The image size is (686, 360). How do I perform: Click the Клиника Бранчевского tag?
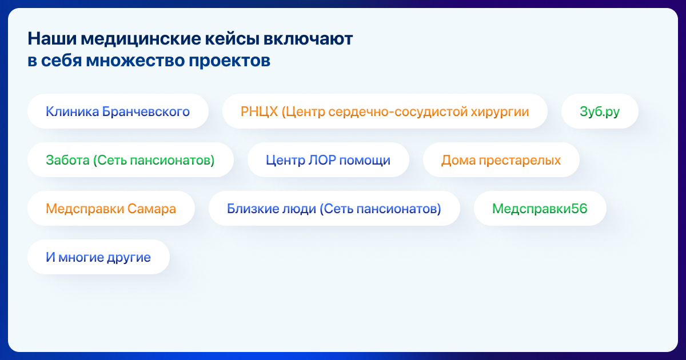[x=118, y=111]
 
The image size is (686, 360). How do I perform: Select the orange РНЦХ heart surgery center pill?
[x=385, y=111]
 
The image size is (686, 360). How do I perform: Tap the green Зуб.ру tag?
[x=600, y=111]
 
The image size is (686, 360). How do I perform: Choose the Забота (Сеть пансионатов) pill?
[x=130, y=160]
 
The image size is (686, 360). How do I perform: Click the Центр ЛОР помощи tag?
[x=328, y=160]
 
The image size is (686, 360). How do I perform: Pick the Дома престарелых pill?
[x=501, y=160]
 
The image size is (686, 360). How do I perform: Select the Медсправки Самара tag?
[x=111, y=209]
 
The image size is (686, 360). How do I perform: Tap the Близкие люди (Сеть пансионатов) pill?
[x=334, y=209]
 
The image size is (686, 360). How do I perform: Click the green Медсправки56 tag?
[x=540, y=209]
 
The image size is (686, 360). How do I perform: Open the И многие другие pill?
[x=98, y=257]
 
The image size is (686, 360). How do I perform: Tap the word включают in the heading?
[x=308, y=39]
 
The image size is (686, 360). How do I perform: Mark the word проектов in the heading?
[x=229, y=61]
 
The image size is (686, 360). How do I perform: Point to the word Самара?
[x=151, y=209]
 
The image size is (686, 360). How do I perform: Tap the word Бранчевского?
[x=146, y=111]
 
